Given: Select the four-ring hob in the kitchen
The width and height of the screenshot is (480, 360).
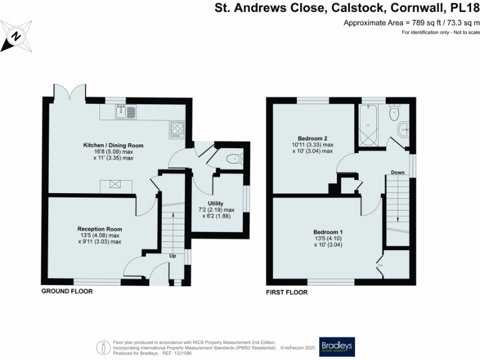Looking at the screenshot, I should point(176,129).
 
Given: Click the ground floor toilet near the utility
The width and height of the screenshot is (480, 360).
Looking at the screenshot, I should point(232,159).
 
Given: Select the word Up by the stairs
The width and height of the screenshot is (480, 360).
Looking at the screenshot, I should point(173,255).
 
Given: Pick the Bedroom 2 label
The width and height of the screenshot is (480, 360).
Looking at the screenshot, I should point(313,137).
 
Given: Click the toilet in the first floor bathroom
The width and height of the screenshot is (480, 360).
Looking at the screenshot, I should point(394,113).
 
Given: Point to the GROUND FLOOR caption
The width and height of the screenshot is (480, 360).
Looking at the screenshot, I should point(67,292).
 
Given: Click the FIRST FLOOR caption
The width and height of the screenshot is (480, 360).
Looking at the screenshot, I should point(286,292).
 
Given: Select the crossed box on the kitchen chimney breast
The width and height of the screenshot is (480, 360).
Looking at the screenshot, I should point(116,184).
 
